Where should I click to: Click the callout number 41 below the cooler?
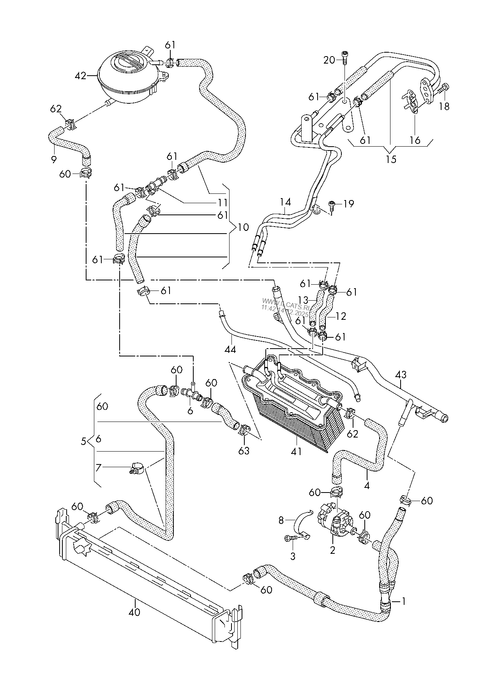point(297,452)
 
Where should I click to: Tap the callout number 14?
point(285,202)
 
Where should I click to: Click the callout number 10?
point(243,227)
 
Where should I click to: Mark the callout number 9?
point(53,159)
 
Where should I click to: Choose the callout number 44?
point(230,349)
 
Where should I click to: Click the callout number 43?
point(401,375)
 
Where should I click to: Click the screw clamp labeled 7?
point(136,466)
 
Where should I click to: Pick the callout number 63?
point(244,451)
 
